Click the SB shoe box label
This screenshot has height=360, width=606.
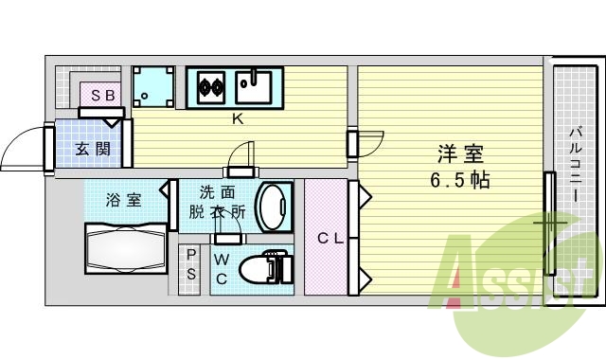point(98,96)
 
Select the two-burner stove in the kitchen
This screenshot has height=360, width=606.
point(209,87)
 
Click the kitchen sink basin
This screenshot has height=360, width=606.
point(253,88)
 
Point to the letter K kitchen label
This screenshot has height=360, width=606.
point(240,119)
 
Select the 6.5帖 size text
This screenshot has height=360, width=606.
point(462,179)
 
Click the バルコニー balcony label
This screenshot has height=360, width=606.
point(575,167)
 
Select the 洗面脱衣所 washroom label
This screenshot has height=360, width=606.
point(223,202)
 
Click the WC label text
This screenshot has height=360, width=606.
point(220,269)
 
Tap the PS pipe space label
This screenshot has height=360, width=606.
point(191,264)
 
